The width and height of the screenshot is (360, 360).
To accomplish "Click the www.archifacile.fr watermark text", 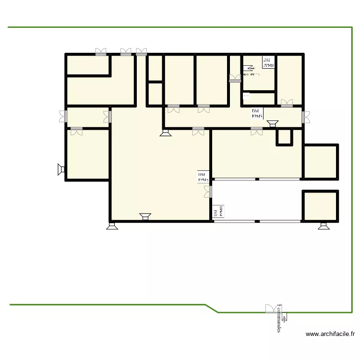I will (330, 334).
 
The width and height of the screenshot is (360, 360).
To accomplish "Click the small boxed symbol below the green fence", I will (285, 317).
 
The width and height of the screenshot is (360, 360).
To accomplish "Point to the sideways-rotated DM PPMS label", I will (218, 212).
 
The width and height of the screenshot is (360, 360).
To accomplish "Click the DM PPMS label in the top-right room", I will (268, 62).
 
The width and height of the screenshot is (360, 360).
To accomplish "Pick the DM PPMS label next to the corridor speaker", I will (257, 113).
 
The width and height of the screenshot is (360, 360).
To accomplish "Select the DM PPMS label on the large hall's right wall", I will (204, 177).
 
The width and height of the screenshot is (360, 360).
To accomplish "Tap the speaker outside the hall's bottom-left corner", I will (112, 226).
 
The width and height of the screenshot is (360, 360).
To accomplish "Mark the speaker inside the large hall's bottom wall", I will (145, 216).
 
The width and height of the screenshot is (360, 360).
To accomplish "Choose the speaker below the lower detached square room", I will (324, 226).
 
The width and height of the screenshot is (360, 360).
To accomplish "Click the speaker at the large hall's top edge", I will (166, 132).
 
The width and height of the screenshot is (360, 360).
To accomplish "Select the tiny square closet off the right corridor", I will (284, 137).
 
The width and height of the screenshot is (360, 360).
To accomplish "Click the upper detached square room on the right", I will (321, 161).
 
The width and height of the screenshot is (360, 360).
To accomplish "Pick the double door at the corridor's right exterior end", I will (306, 116).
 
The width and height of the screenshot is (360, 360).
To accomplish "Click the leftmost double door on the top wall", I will (101, 51).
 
